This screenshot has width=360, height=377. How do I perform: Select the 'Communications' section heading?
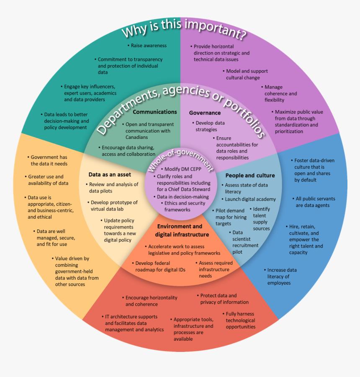pos(155,112)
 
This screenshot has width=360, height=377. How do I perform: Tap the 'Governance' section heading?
pos(205,113)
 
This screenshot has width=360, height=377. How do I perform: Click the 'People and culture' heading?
pos(250,175)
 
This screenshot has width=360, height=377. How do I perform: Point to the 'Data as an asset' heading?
pos(110,174)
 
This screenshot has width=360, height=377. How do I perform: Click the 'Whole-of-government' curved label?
pos(180,161)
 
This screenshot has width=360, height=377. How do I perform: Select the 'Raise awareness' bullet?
pos(147,46)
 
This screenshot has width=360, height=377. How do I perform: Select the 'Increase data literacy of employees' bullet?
pos(281,277)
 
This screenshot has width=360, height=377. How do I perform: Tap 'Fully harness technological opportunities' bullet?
pos(239,320)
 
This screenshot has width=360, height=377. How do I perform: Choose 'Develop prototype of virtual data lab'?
pos(113,205)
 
